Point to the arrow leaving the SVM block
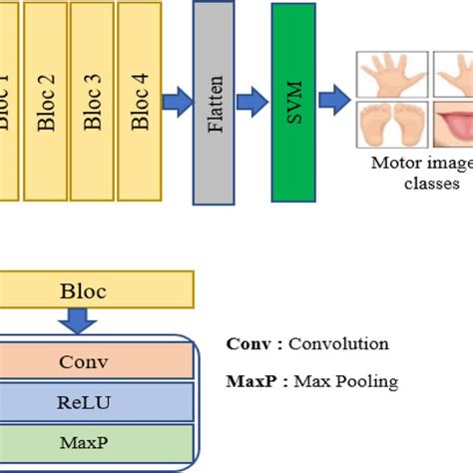(333, 101)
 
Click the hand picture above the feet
(391, 75)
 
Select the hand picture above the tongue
(455, 75)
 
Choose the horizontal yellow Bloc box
(83, 290)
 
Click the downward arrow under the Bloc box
(78, 319)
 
